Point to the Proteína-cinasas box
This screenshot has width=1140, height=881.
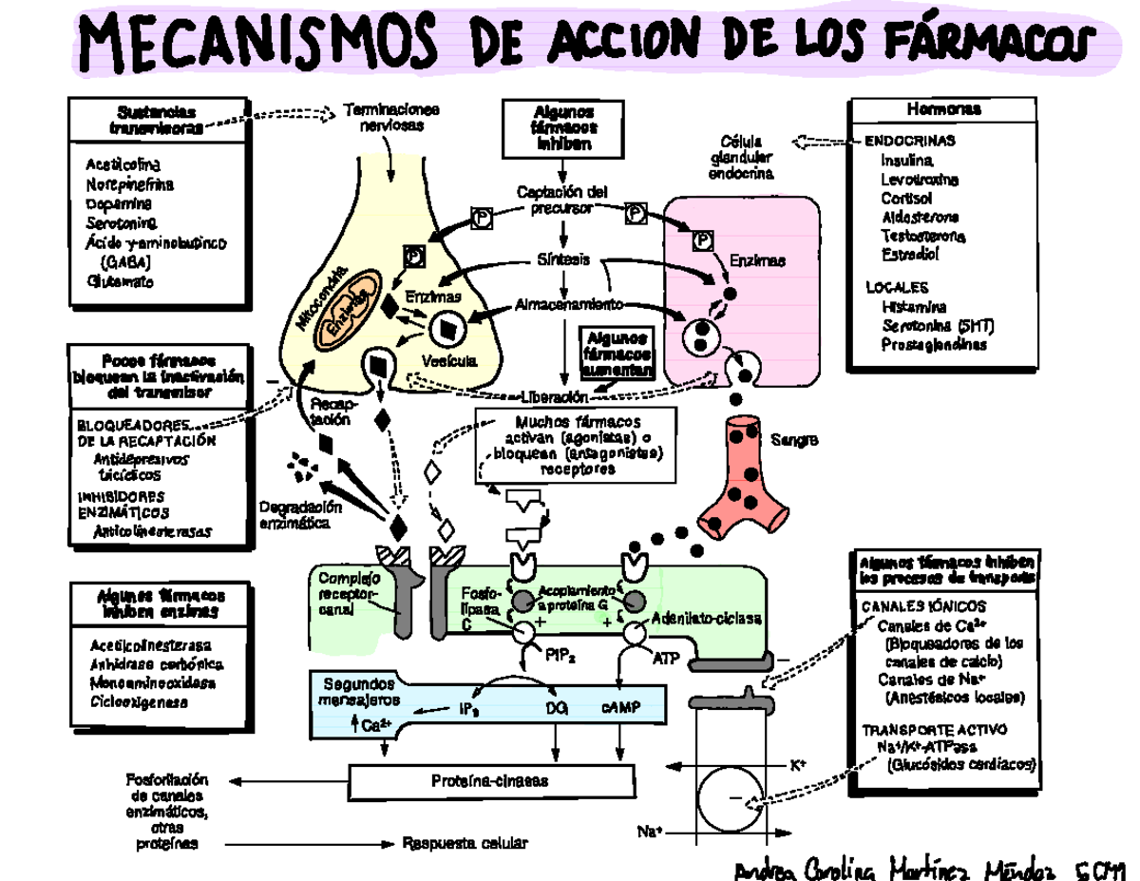(x=490, y=781)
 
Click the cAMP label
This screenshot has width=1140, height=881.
(x=620, y=707)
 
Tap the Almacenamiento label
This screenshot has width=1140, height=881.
(x=569, y=305)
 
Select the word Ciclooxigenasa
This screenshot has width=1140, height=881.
(x=139, y=702)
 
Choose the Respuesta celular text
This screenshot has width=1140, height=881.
(x=464, y=843)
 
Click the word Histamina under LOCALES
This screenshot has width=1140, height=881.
(x=913, y=307)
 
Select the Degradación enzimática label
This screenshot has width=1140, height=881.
(x=294, y=514)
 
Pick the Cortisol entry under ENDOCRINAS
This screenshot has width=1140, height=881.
(x=906, y=198)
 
